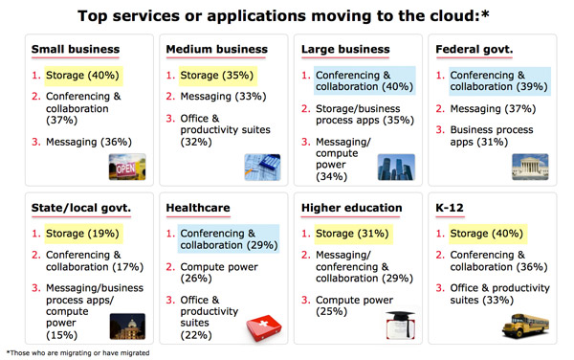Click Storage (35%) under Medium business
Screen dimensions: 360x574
[x=208, y=75]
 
